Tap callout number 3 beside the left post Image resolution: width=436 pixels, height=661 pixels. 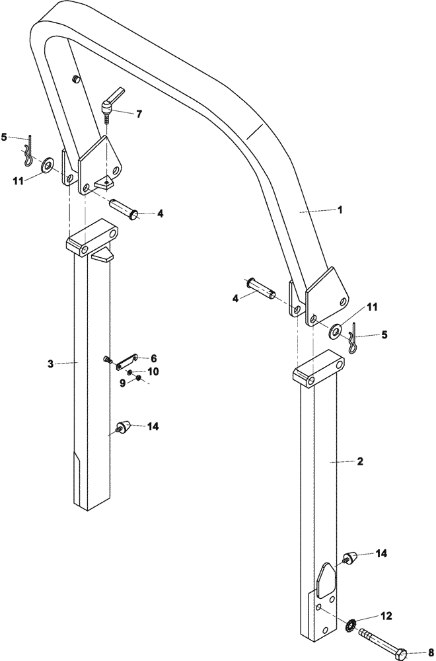coord(50,363)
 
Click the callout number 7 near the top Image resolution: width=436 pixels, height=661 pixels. coord(139,114)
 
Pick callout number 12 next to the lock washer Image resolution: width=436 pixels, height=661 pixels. coord(386,615)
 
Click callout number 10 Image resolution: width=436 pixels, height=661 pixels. coord(153,371)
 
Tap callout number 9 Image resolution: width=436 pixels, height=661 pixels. coord(122,382)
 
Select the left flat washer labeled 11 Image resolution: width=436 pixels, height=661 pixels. coord(48,164)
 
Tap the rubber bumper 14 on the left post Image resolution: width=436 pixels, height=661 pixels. coord(124,426)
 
